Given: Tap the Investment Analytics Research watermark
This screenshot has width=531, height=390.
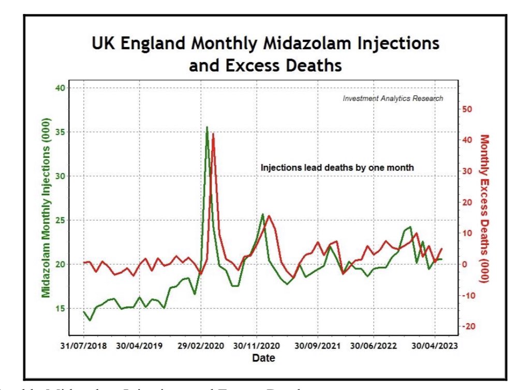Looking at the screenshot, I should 393,98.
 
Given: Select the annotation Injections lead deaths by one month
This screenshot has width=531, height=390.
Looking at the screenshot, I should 337,168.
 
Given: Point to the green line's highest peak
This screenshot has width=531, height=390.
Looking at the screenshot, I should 207,127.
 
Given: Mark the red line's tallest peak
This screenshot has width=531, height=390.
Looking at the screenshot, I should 213,134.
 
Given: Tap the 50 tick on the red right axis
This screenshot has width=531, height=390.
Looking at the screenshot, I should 468,109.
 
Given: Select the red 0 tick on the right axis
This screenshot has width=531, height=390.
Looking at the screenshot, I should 465,264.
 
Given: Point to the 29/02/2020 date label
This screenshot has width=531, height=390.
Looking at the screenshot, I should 201,346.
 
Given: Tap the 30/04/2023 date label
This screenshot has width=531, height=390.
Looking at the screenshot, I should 434,346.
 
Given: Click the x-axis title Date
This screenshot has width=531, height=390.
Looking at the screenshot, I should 263,358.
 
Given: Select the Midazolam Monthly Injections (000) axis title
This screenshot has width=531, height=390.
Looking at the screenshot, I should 46,213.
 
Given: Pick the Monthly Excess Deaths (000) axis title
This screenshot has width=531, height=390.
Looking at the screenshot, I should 484,208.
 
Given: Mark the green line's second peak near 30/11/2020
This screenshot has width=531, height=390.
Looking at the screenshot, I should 263,214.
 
